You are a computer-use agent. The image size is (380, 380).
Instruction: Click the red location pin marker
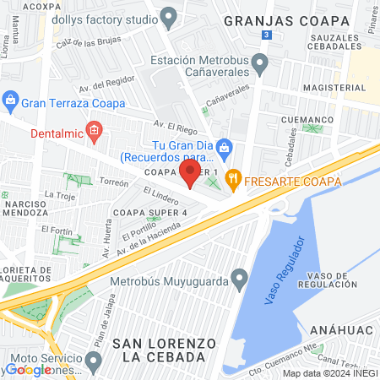pos(190,173)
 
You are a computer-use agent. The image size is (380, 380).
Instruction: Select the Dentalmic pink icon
pos(93,131)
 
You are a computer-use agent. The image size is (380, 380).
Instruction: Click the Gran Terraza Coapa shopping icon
pos(10,102)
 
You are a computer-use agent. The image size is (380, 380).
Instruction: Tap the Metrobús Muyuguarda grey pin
pos(240,278)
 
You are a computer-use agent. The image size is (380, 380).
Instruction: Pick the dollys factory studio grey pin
pos(168,17)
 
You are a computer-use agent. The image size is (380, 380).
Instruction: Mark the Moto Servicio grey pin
pos(93,361)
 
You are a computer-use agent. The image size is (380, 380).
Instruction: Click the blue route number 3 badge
pos(266,35)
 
